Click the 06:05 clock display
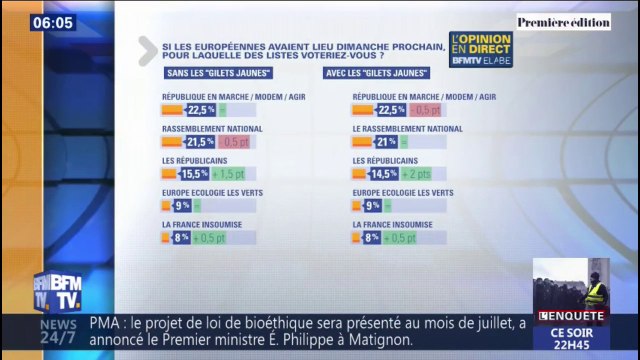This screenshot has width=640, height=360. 51,22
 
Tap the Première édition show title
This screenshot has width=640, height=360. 563,21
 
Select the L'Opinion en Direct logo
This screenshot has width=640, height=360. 481,50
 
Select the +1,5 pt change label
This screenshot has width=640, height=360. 227,174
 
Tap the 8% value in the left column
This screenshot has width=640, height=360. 182,238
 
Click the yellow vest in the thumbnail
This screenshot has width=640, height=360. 596,294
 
